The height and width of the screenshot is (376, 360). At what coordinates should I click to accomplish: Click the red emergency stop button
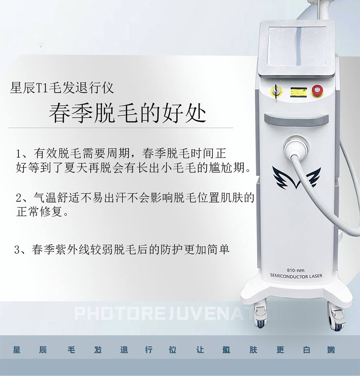click(x=317, y=91)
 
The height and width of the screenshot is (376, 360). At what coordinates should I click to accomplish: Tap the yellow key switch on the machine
click(x=276, y=92)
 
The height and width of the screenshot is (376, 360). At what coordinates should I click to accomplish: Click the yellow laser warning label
click(x=298, y=92)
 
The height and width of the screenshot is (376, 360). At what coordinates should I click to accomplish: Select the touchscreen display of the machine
click(x=297, y=46)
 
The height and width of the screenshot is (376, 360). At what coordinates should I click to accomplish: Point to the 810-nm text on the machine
click(x=296, y=270)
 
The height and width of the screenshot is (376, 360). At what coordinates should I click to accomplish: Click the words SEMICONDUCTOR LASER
click(x=296, y=276)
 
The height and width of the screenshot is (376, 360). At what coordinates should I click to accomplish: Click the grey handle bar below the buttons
click(x=296, y=120)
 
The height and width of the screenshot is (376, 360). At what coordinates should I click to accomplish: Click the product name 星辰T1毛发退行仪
click(x=62, y=88)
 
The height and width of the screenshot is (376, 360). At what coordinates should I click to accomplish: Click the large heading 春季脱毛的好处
click(x=128, y=113)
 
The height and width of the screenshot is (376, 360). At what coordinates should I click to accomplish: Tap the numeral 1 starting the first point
click(x=18, y=154)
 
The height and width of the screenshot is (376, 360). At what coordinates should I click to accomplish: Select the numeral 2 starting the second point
click(x=19, y=198)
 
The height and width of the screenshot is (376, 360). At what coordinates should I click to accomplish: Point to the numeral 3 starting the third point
click(x=17, y=249)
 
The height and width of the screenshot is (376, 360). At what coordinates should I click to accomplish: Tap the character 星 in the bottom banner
click(x=16, y=350)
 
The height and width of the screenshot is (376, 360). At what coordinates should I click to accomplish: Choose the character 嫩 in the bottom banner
click(x=331, y=350)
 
